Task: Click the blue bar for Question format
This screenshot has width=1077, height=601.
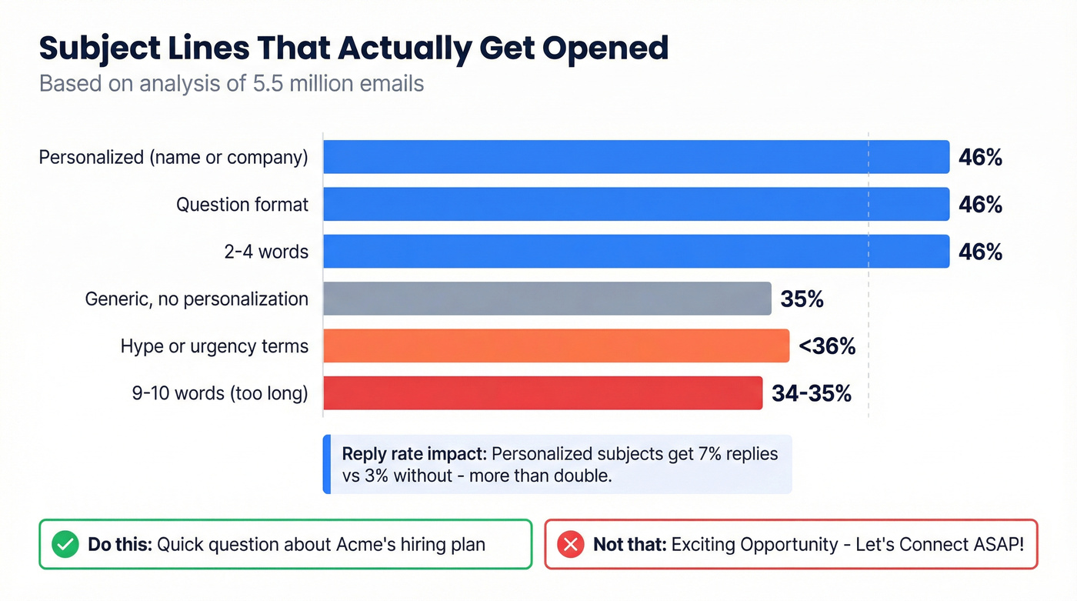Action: coord(635,204)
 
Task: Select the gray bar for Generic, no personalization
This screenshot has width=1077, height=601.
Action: coord(547,299)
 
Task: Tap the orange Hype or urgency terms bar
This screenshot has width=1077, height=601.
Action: coord(556,346)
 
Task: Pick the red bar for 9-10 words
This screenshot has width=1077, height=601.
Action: coord(542,392)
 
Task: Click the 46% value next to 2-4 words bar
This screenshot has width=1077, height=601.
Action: coord(980,252)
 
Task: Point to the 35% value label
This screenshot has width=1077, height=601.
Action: coord(802,299)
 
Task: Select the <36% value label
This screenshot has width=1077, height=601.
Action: coord(827,346)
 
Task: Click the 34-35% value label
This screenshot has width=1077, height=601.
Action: coord(812,392)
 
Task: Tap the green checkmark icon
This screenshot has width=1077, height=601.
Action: coord(65,545)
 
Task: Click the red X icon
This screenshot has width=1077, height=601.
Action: coord(570,545)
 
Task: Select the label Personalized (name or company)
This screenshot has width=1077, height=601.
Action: coord(173,157)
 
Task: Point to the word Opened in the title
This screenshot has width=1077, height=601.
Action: coord(605,48)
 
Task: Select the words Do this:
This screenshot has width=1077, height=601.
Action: coord(120,545)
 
